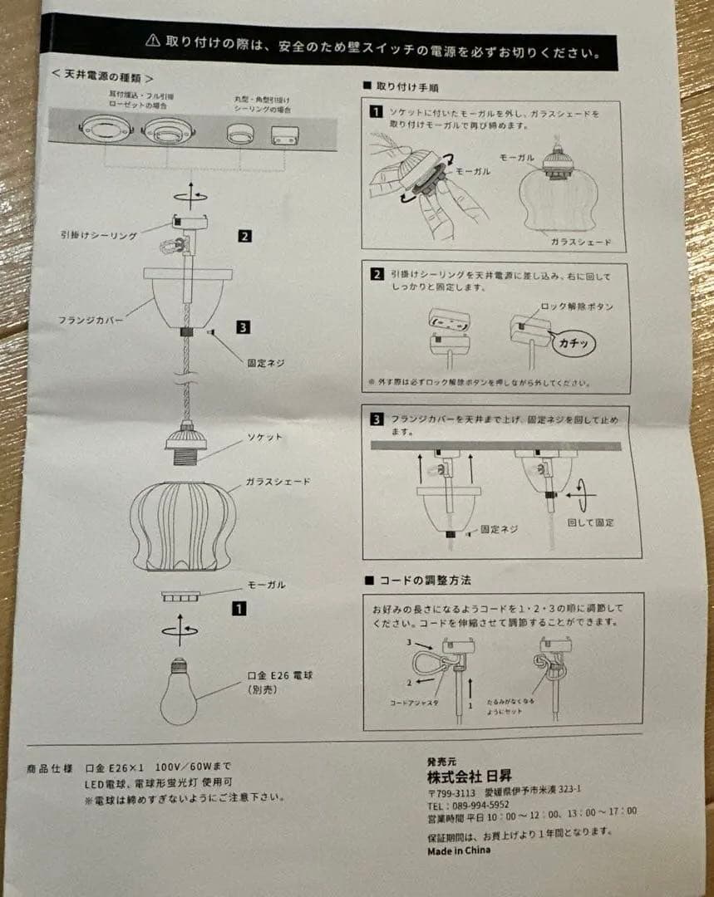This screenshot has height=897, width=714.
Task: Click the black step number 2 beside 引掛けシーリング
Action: [244, 236]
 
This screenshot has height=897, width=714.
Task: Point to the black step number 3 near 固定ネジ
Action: [243, 327]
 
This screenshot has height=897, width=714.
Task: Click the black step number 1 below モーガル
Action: [239, 609]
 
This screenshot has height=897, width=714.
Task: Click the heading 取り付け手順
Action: [407, 86]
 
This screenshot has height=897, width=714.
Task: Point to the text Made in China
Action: [459, 850]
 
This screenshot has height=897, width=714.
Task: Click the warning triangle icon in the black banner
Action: [152, 38]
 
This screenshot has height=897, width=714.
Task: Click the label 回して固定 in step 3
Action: [590, 522]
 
